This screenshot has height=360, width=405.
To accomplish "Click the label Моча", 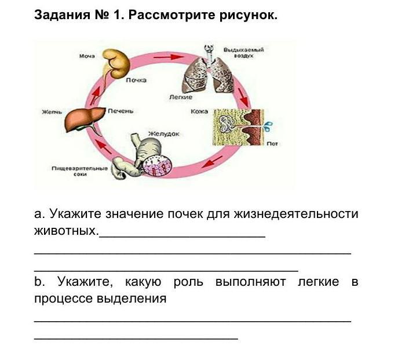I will coord(86,57).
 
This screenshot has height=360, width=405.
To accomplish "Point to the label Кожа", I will coord(199,111).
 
